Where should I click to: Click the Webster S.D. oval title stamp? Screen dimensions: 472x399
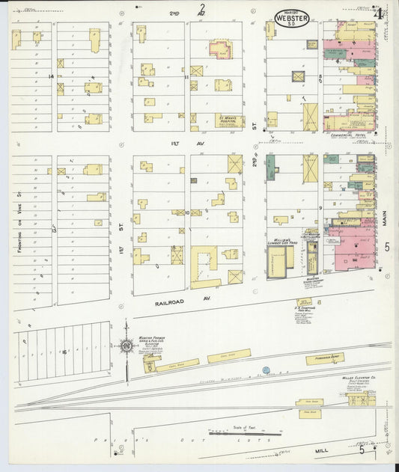(291, 17)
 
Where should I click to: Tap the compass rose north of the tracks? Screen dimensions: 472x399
(125, 345)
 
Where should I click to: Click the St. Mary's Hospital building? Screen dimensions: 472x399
(229, 120)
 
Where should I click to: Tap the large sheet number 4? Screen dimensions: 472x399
(380, 13)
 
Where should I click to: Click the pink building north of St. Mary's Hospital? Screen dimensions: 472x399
(221, 49)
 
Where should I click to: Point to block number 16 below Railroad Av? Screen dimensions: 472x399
(64, 351)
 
